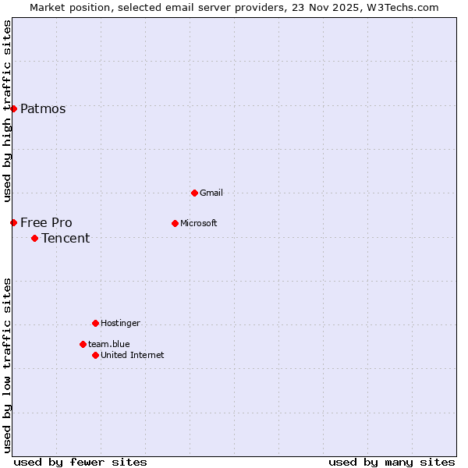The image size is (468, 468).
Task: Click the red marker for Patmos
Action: point(13,108)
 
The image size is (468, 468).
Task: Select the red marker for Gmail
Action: point(194,193)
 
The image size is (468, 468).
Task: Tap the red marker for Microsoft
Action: point(175,223)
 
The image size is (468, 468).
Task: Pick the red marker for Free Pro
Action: point(13,222)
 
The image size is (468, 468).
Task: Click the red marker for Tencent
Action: point(34,238)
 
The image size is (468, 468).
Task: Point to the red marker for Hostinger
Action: point(95,323)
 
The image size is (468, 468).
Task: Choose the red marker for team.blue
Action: point(83,344)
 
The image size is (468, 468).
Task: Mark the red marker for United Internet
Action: point(95,355)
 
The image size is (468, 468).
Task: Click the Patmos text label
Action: point(43,109)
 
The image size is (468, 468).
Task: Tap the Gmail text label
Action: point(211,193)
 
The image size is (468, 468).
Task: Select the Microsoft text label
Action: point(198,223)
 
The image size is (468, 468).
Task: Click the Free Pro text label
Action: point(46,223)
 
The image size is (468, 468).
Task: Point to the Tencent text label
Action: point(66,239)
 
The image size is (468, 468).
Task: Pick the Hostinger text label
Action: point(120,323)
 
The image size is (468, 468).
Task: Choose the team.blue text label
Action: point(108,344)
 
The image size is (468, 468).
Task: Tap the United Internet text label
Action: point(132,355)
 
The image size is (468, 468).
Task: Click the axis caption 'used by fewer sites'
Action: point(80,462)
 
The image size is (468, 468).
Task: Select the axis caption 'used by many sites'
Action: point(392,462)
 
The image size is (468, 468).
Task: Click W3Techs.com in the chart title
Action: point(403,7)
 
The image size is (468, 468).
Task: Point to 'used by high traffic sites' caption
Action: point(7,111)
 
